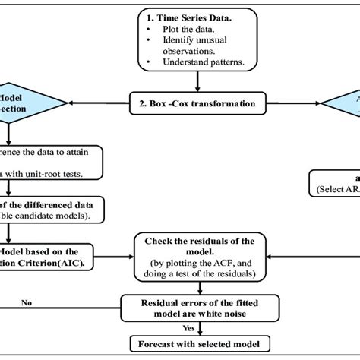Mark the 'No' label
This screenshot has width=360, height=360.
(x=28, y=301)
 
